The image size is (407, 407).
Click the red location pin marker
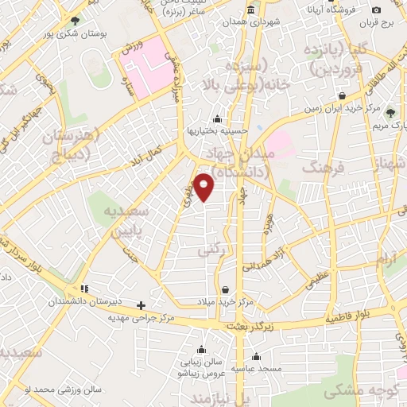(x=204, y=188)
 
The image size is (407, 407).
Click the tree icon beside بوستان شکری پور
(x=76, y=21)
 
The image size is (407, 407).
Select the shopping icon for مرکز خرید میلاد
(x=227, y=289)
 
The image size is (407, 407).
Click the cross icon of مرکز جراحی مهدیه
(x=141, y=304)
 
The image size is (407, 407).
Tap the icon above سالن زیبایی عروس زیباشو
(x=203, y=350)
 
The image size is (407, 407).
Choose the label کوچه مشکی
(x=356, y=392)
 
